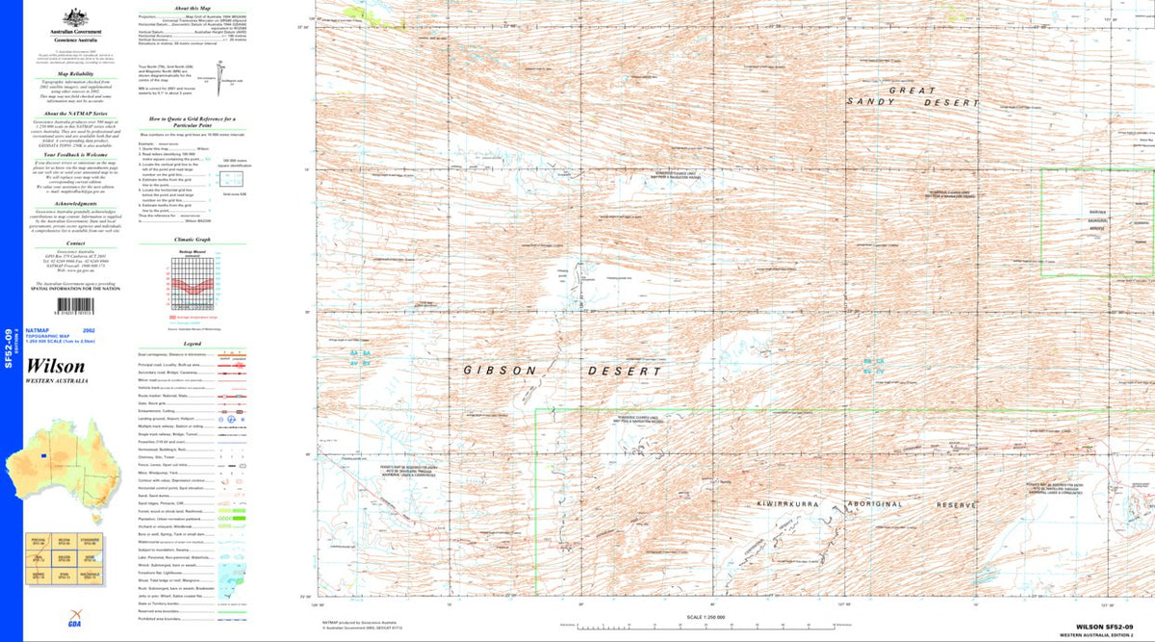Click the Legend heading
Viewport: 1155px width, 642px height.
tap(192, 344)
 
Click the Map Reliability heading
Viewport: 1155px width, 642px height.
tap(74, 72)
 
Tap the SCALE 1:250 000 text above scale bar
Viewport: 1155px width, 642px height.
tap(706, 616)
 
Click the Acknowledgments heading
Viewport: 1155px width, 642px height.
tap(74, 204)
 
